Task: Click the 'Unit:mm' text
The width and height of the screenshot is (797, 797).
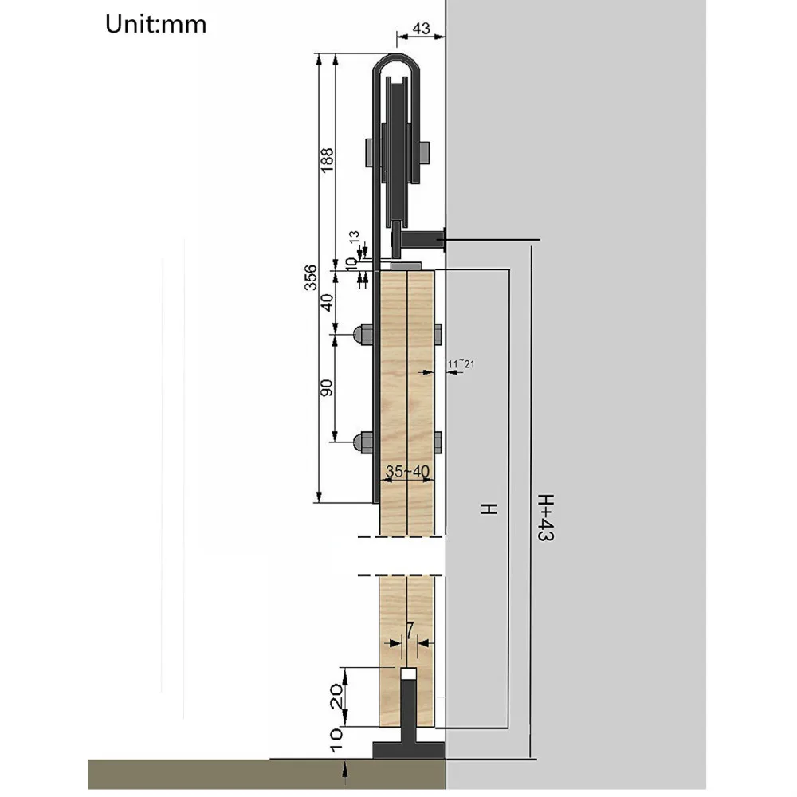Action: (155, 25)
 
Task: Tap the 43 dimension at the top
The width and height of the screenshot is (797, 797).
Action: (421, 29)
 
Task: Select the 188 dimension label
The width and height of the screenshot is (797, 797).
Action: (327, 159)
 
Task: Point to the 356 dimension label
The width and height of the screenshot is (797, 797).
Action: (310, 277)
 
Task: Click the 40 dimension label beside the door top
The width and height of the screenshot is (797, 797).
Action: (327, 302)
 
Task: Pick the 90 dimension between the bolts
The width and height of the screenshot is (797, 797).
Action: (327, 388)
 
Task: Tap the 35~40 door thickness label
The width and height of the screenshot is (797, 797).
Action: (407, 471)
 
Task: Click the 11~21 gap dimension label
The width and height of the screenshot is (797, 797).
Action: (461, 364)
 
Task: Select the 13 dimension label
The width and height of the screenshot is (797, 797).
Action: (354, 237)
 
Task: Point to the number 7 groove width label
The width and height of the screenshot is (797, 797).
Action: (410, 630)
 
